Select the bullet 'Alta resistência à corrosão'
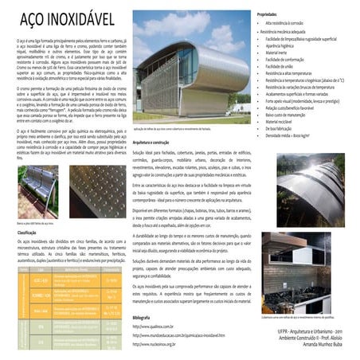tap(287, 24)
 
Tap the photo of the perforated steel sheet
tap(96, 190)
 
